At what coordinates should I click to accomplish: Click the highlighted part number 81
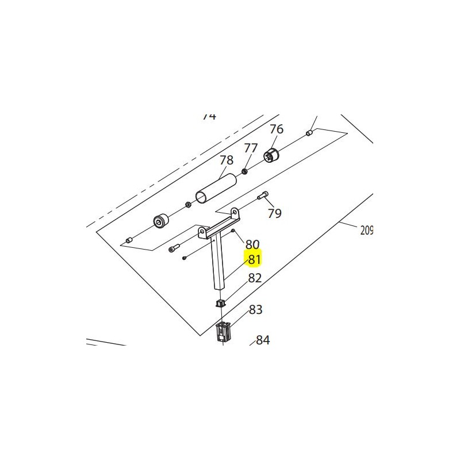click(x=254, y=259)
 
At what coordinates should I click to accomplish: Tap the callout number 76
click(x=277, y=129)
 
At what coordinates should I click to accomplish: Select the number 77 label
click(x=250, y=148)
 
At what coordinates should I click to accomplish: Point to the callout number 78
click(x=227, y=160)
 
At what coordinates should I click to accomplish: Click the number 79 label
click(x=275, y=213)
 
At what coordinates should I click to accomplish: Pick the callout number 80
click(x=252, y=244)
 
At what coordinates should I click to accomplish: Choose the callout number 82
click(x=255, y=278)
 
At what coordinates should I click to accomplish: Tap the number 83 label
click(x=255, y=309)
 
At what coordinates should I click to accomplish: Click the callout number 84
click(x=263, y=340)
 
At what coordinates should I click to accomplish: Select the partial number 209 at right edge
click(x=366, y=231)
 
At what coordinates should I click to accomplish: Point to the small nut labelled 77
click(x=245, y=171)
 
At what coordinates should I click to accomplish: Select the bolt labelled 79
click(x=264, y=195)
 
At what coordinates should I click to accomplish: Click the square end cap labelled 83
click(x=223, y=332)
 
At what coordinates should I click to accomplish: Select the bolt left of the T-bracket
click(x=175, y=248)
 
